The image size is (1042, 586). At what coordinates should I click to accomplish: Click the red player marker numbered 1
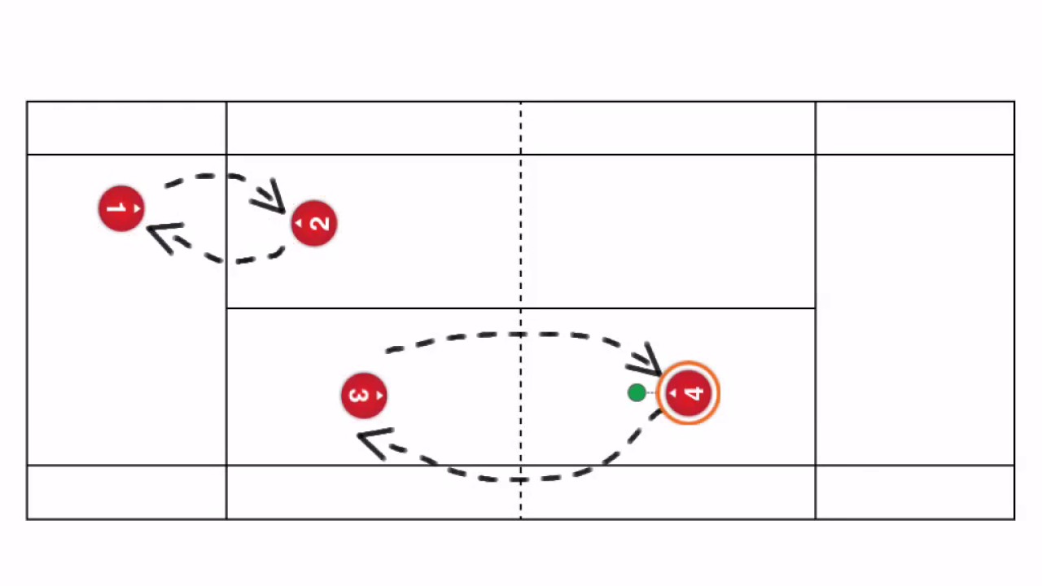(x=121, y=209)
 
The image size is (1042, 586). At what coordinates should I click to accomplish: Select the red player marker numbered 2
(x=314, y=223)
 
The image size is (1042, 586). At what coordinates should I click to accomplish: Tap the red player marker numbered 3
(x=364, y=396)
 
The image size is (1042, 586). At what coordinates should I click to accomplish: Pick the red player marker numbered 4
(x=689, y=394)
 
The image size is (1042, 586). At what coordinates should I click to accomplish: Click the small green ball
(x=637, y=393)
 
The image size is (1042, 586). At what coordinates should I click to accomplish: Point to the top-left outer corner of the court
(x=27, y=102)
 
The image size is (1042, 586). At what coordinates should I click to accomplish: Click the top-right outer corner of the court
(x=1014, y=102)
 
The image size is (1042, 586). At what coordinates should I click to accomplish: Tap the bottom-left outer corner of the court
(x=27, y=518)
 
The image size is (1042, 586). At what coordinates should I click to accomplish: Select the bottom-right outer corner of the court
(x=1014, y=518)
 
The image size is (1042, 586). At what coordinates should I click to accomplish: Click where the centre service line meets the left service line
(x=226, y=308)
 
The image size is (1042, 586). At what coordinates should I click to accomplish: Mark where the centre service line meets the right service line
(x=815, y=308)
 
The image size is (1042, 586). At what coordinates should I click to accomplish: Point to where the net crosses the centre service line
(x=521, y=308)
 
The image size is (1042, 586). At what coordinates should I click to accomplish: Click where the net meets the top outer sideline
(x=521, y=102)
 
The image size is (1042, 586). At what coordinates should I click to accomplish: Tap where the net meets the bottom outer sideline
(x=521, y=518)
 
